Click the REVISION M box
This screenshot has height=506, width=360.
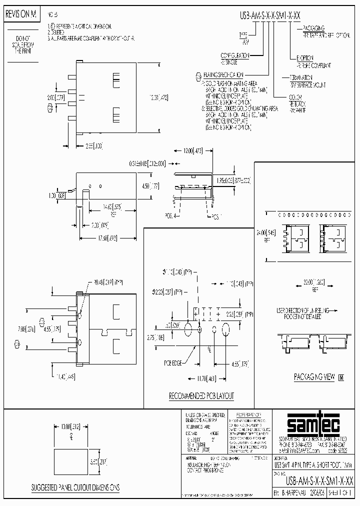coord(21,15)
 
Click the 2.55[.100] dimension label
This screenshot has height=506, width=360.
coord(94,145)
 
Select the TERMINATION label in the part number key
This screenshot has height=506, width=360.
coord(300,77)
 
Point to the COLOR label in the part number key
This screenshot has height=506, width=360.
coord(294,96)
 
